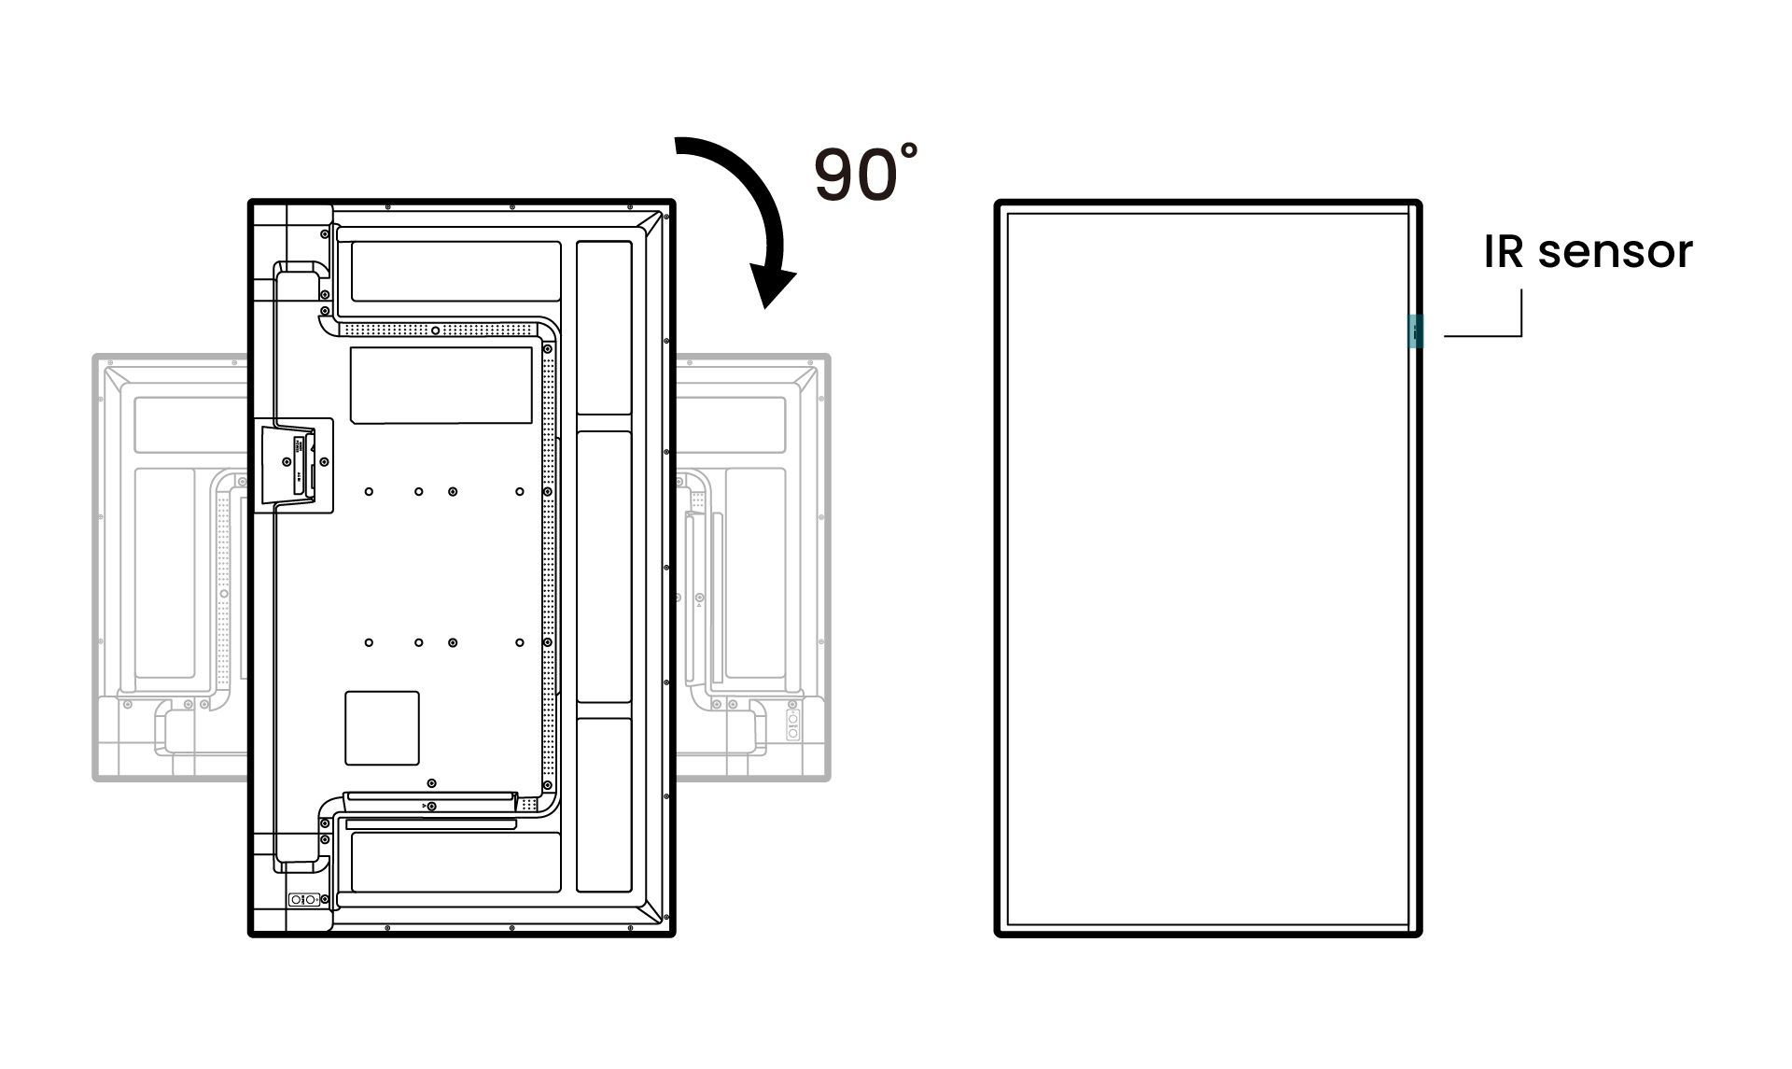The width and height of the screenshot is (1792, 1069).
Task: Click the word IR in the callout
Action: point(1504,251)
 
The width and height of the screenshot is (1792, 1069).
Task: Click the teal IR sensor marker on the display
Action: point(1416,331)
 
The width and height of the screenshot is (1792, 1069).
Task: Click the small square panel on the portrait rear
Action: point(382,727)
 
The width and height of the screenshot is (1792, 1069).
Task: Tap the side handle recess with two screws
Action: point(293,464)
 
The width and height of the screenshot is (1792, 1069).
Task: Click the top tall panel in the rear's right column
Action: point(604,328)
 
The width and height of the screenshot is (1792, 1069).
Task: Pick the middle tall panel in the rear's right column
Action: point(604,566)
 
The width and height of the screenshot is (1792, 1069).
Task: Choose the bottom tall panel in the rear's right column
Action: point(604,804)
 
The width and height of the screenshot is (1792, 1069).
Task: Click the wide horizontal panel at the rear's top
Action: point(455,271)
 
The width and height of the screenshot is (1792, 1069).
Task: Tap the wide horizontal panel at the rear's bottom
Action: point(455,861)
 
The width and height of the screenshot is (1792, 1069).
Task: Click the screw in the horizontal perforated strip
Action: point(435,331)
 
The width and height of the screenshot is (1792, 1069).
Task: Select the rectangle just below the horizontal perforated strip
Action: point(441,385)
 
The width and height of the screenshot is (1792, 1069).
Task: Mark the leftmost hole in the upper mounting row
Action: point(369,491)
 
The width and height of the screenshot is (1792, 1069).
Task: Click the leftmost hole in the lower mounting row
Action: point(369,642)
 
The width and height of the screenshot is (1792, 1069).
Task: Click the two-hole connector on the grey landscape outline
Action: point(792,724)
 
